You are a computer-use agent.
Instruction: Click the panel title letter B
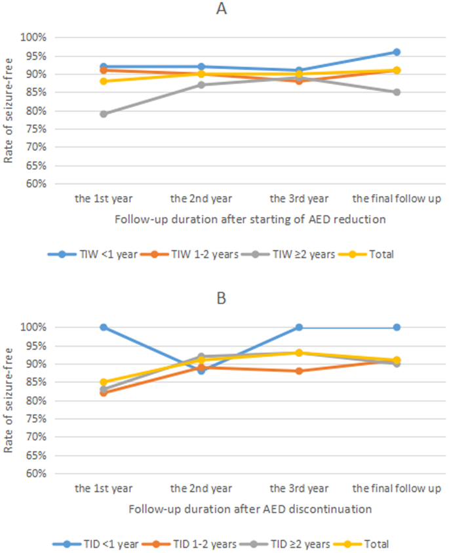point(222,299)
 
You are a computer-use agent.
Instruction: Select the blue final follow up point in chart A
point(397,52)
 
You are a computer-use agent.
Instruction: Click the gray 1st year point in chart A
point(104,114)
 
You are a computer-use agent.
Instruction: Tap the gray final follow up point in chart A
point(397,92)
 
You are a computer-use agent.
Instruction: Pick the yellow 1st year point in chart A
point(104,81)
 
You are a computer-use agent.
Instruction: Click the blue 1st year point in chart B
point(104,327)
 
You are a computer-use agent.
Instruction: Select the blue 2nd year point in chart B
point(201,371)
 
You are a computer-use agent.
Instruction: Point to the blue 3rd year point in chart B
point(299,327)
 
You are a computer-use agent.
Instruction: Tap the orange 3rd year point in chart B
point(299,371)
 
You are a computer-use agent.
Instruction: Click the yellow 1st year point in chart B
point(104,382)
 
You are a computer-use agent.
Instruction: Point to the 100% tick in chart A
point(33,37)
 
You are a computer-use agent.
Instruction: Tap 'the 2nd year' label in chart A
point(201,197)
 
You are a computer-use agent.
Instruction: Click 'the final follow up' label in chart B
point(397,488)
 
